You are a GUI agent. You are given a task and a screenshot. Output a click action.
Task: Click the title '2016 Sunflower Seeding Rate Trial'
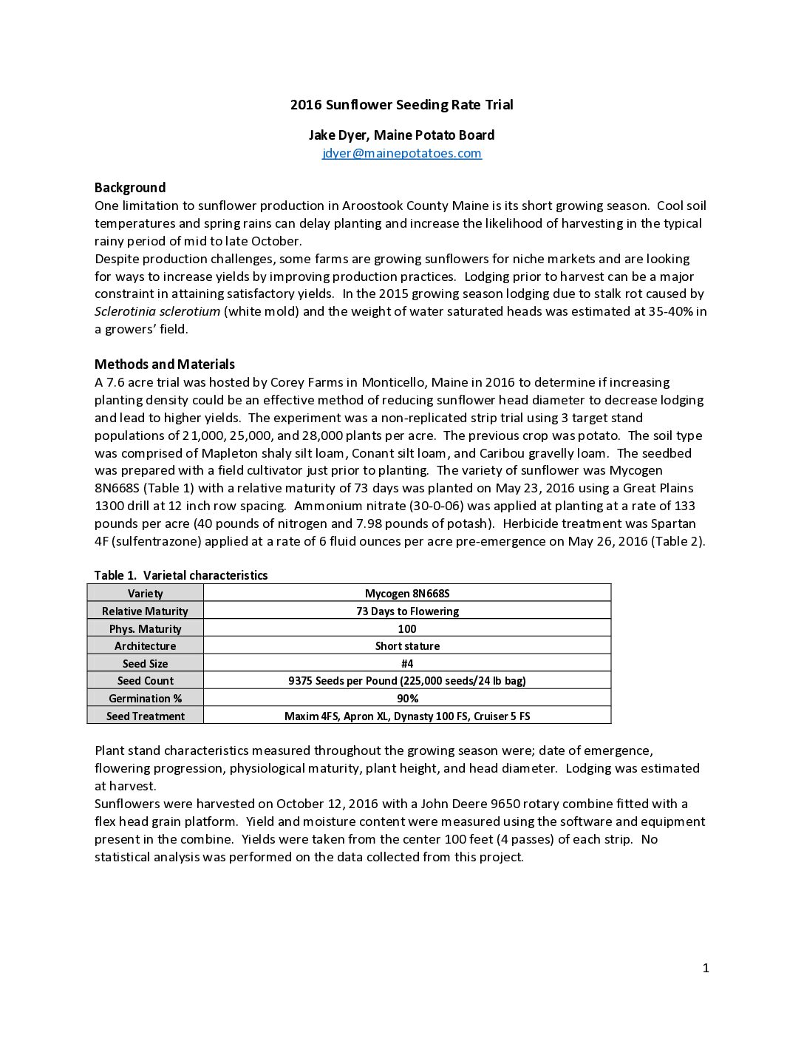click(401, 104)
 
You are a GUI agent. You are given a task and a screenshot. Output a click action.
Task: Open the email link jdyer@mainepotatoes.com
click(401, 153)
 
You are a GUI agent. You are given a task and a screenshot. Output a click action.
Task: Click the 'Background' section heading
click(130, 187)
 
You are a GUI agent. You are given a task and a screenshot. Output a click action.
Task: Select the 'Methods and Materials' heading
click(165, 364)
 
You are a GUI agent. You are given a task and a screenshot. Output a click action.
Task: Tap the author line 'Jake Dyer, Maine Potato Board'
click(401, 135)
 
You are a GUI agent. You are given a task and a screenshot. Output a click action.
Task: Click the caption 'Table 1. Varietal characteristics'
click(181, 575)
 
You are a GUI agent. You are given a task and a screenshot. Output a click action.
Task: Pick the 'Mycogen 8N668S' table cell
click(407, 593)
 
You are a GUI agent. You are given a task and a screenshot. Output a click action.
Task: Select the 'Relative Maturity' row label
click(145, 611)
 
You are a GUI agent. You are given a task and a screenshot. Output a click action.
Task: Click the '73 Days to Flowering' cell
click(407, 611)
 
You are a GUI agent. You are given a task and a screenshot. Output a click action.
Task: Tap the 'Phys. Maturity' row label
click(145, 628)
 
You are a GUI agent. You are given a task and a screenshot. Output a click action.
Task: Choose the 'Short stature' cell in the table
click(407, 645)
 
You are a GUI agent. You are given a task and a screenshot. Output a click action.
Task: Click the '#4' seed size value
click(407, 663)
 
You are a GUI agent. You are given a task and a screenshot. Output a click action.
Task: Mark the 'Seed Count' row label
click(145, 680)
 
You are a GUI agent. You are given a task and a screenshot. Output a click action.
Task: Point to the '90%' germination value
click(407, 698)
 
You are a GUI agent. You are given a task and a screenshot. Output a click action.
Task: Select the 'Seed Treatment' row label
click(145, 716)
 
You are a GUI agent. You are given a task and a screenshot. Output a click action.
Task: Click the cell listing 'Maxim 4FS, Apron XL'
click(407, 716)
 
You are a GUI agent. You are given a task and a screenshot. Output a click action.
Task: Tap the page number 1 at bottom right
click(706, 968)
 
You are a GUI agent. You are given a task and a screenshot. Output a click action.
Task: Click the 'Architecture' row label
click(145, 645)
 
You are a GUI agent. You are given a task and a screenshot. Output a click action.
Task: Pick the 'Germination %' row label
click(145, 698)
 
